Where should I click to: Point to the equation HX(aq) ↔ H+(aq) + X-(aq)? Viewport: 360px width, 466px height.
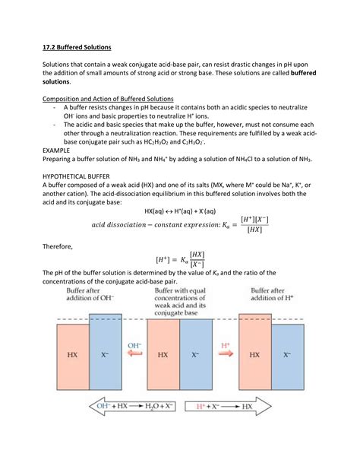click(x=180, y=211)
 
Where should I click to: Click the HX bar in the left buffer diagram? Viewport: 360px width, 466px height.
click(x=71, y=354)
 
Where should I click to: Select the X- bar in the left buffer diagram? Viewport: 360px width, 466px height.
click(x=106, y=354)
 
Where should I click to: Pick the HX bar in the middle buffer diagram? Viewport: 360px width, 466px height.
click(x=163, y=354)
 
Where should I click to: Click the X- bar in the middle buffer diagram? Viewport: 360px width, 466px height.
click(x=196, y=354)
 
